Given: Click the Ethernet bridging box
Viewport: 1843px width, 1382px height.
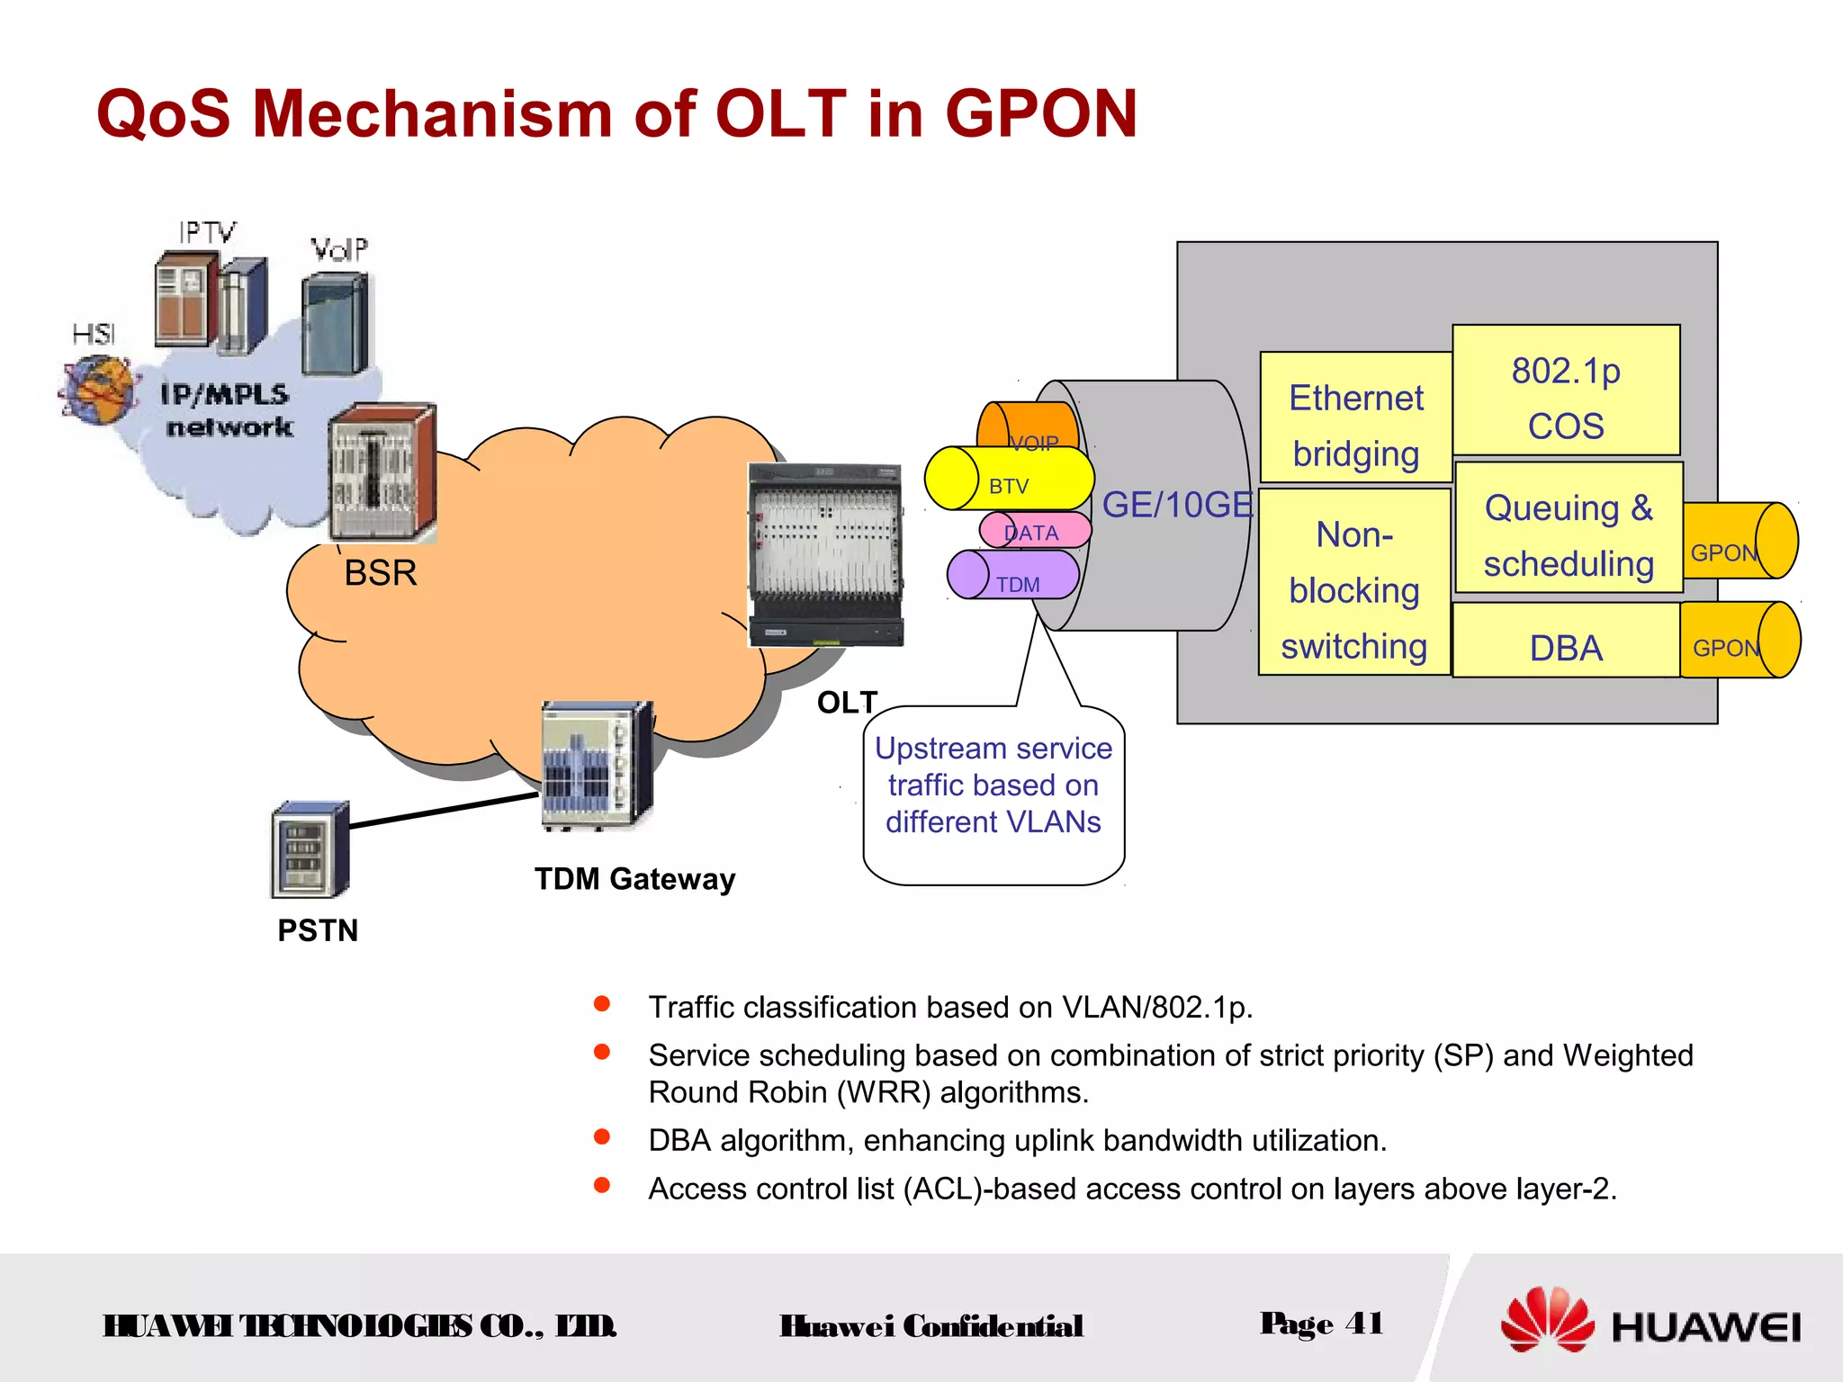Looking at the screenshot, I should (x=1355, y=417).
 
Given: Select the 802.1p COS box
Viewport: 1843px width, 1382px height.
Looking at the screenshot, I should (x=1566, y=390).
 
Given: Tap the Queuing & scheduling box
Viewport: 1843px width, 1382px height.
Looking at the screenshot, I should (x=1569, y=528).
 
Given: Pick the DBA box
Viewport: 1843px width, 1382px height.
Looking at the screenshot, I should (x=1566, y=641).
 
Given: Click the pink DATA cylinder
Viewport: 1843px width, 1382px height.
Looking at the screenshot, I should (x=1035, y=530).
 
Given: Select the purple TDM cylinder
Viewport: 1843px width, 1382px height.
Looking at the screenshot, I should (x=1014, y=576).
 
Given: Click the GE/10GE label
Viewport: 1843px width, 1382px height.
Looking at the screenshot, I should (x=1177, y=505).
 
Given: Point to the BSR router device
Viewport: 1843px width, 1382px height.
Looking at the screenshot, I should (x=383, y=472).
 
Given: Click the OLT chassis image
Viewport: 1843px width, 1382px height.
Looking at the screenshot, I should (x=826, y=555).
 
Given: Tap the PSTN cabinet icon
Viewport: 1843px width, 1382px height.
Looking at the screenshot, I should (x=309, y=850).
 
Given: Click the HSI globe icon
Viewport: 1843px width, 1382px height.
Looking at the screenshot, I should (x=99, y=389).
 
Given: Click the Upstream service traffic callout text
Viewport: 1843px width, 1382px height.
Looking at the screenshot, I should (x=993, y=785).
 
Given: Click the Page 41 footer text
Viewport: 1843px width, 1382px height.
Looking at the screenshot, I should (x=1321, y=1324).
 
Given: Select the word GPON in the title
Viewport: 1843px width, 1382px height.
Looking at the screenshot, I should (x=1040, y=113).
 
